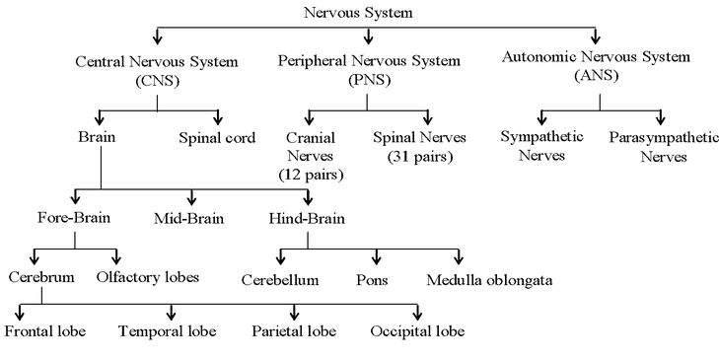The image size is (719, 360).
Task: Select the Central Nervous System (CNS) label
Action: tap(157, 70)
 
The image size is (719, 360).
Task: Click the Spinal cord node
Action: tap(217, 137)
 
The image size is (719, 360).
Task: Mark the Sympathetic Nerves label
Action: tap(540, 147)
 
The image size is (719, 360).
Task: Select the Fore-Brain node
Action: tap(74, 216)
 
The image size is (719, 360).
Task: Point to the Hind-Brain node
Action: tap(308, 216)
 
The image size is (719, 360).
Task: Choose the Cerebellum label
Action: tap(281, 280)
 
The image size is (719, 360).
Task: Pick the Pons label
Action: tap(372, 280)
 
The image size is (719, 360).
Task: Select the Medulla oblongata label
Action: tap(489, 280)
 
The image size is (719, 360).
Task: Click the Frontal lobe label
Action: tap(45, 330)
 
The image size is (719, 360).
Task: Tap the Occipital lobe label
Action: tap(417, 330)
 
